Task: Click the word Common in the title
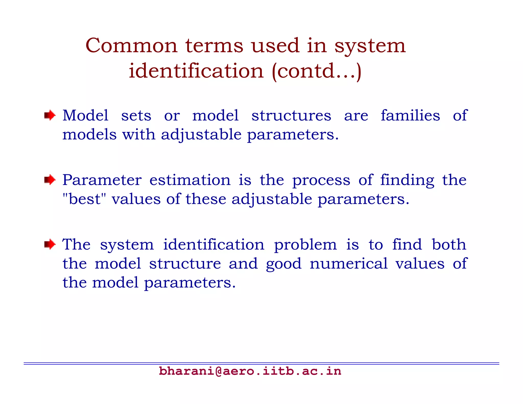tap(131, 46)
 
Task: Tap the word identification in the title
tap(196, 71)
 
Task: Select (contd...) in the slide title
tap(317, 71)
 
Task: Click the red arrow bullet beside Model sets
tap(50, 115)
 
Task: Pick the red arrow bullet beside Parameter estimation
tap(50, 180)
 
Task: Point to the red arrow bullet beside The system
tap(50, 245)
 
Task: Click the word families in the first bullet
tap(410, 115)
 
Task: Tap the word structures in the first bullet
tap(291, 116)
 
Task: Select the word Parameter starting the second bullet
tap(102, 180)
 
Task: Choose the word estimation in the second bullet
tap(190, 180)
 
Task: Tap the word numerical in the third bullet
tap(349, 264)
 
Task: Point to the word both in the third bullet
tap(449, 244)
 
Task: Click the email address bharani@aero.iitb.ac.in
tap(250, 371)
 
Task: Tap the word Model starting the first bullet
tap(86, 115)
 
